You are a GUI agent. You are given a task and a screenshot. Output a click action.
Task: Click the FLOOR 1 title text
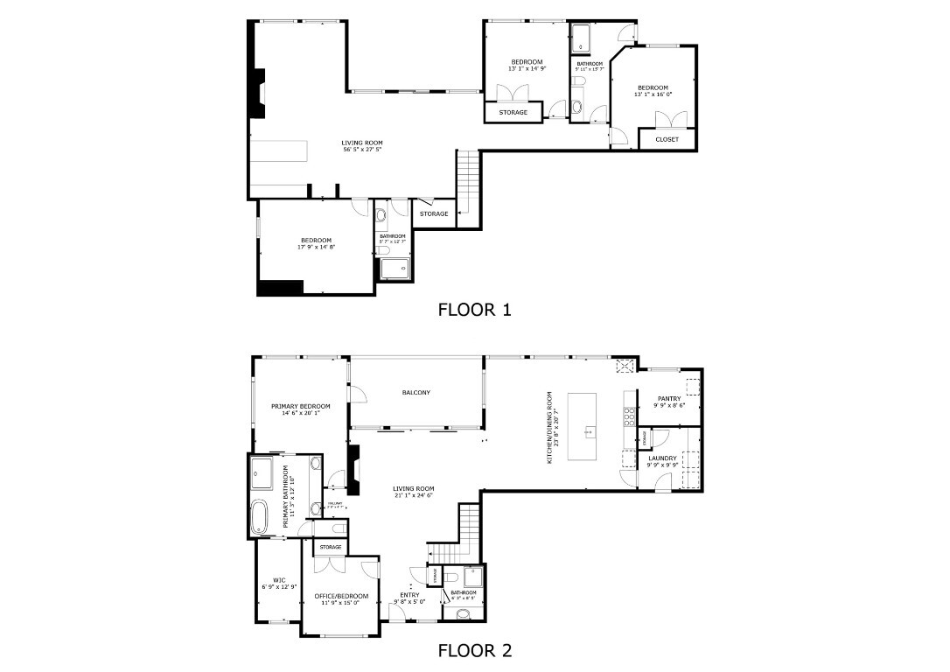(x=474, y=309)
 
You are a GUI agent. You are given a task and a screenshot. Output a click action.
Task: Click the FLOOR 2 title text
(x=474, y=650)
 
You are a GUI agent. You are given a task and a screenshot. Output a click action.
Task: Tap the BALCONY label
(x=416, y=393)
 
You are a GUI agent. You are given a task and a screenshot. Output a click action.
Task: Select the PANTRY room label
(x=669, y=399)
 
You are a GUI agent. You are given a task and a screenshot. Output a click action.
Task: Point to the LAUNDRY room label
(x=662, y=458)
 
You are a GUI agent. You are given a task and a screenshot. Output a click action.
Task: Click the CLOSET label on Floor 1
(x=667, y=139)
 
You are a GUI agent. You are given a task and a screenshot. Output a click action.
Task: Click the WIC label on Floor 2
(x=279, y=580)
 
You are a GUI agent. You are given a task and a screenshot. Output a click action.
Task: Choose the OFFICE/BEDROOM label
(x=341, y=596)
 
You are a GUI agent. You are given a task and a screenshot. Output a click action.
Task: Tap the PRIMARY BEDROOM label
(x=300, y=406)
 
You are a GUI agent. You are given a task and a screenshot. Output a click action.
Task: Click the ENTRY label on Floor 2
(x=409, y=595)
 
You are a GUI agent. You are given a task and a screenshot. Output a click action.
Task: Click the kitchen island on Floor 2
(x=582, y=426)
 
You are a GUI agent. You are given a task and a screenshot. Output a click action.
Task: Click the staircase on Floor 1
(x=469, y=179)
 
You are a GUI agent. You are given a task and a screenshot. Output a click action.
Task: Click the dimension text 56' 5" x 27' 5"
(x=362, y=150)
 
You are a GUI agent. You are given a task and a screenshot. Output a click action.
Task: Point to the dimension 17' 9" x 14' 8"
(x=316, y=248)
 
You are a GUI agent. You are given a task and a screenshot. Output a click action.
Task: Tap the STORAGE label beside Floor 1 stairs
(x=433, y=214)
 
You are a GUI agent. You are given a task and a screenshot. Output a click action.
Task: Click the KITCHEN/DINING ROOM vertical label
(x=550, y=426)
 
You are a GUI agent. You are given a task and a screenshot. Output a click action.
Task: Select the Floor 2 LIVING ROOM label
(x=414, y=488)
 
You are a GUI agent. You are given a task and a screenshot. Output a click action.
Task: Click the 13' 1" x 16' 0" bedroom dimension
(x=653, y=94)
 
